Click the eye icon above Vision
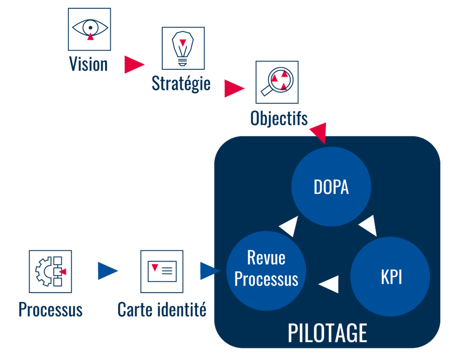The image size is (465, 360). click(89, 29)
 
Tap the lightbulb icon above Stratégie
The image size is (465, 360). click(183, 48)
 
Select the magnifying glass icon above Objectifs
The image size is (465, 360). click(277, 82)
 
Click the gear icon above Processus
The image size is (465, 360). click(50, 271)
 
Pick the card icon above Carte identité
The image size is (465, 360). click(162, 271)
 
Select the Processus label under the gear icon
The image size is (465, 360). click(50, 310)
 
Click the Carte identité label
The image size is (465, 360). click(162, 310)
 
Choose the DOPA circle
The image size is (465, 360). click(331, 187)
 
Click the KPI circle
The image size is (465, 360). click(390, 277)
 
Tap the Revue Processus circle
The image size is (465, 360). click(266, 269)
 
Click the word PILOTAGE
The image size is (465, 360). click(327, 333)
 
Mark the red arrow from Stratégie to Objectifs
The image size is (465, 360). click(233, 89)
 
